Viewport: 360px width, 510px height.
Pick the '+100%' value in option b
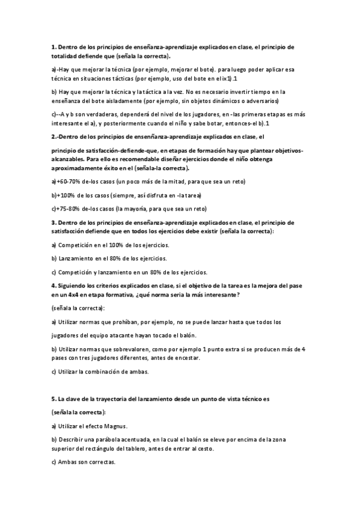tap(64, 195)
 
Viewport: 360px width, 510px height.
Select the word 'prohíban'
tap(124, 322)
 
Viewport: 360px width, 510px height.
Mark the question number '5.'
tap(53, 399)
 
